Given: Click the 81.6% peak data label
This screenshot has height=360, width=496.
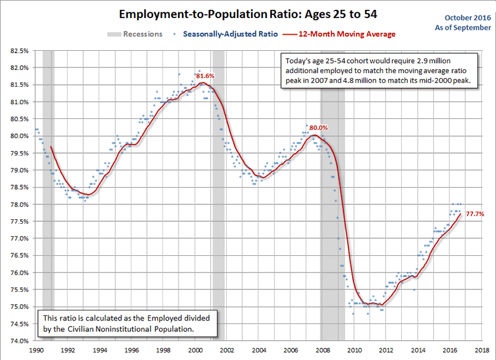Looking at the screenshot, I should click(206, 76).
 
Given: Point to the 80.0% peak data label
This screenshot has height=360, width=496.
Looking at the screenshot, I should click(319, 128).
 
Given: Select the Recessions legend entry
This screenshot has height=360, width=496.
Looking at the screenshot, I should click(135, 34).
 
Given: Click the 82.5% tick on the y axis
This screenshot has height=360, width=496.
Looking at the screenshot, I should click(17, 50).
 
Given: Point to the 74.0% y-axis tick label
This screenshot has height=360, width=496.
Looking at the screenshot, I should click(17, 341).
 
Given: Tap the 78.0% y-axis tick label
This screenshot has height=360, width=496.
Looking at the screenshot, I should click(17, 204).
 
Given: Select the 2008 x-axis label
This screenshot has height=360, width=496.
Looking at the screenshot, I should click(322, 350).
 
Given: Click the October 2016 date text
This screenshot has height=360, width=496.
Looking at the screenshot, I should click(467, 20).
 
